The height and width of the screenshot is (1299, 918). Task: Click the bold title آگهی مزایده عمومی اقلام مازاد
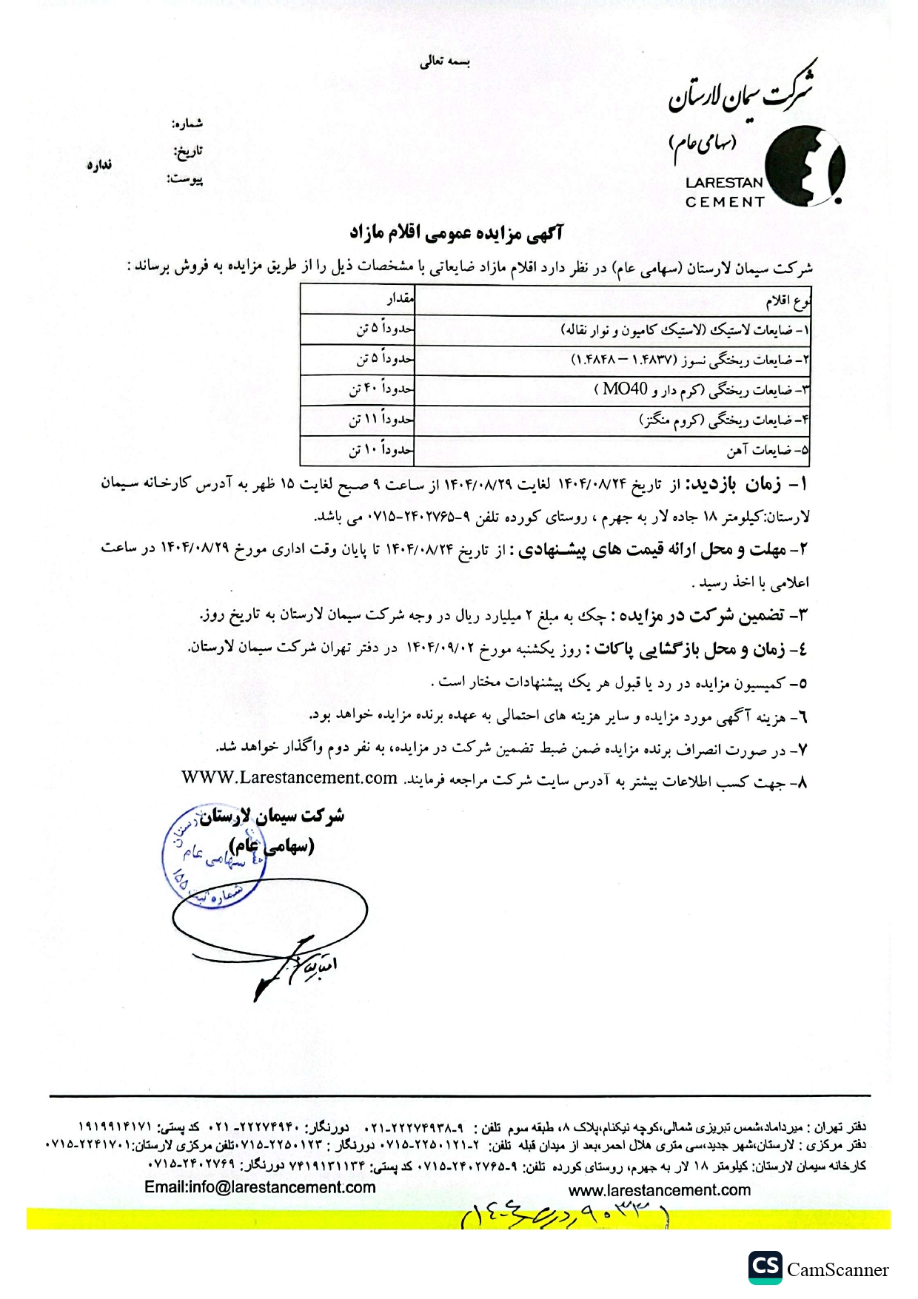pos(457,234)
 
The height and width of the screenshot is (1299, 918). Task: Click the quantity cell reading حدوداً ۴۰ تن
pos(381,389)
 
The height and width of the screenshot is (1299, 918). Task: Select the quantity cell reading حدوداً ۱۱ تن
pos(381,420)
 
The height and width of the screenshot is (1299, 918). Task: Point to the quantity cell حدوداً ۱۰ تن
pos(381,449)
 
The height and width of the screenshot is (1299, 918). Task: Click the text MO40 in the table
pos(625,389)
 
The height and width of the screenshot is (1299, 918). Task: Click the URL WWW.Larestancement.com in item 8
pos(289,778)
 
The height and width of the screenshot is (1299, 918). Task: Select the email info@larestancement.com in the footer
pos(260,1187)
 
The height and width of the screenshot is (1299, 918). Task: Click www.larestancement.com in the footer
pos(660,1190)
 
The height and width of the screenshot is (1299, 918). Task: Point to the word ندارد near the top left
pos(99,164)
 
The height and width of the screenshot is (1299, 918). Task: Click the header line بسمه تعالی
pos(445,62)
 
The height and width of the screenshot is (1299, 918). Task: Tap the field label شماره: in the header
pos(187,123)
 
